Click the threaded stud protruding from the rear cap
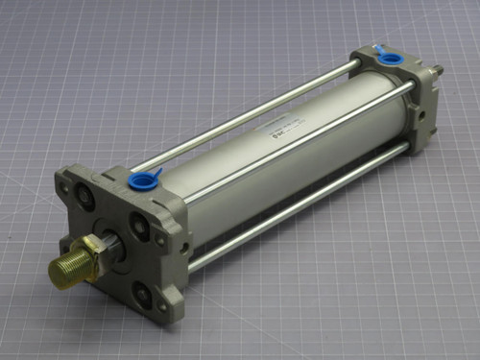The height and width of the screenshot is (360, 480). click(x=437, y=70)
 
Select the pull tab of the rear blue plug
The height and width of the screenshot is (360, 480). click(x=376, y=49)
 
